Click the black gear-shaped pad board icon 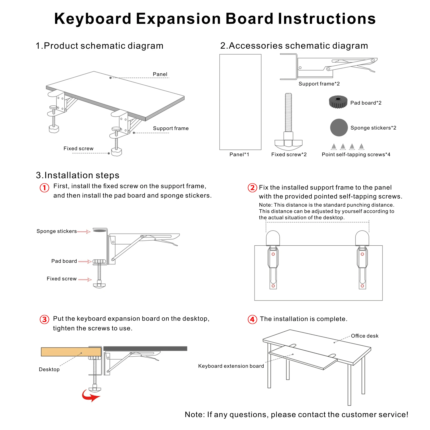(338, 102)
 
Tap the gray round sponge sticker (339, 127)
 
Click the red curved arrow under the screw (90, 395)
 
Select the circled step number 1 (45, 188)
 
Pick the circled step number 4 (252, 319)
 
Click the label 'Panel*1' (239, 155)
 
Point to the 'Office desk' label (364, 336)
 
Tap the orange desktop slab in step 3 (71, 352)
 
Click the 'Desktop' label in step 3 (49, 370)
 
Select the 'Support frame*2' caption (319, 84)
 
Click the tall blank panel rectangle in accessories (240, 102)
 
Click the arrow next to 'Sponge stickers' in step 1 (84, 232)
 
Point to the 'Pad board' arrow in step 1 (85, 261)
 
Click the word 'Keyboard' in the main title (93, 19)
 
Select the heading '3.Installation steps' (78, 175)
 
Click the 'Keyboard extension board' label (231, 366)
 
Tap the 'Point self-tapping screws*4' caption (356, 155)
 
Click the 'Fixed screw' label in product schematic (78, 149)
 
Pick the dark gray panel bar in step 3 (145, 349)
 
